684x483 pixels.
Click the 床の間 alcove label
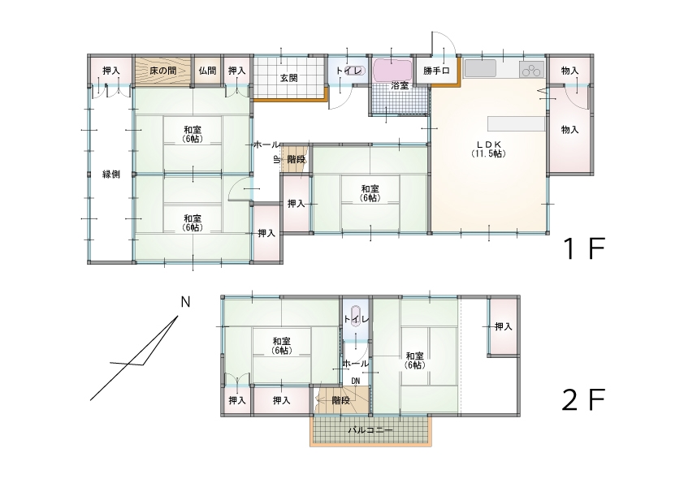[x=162, y=71]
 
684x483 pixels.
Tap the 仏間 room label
[x=206, y=71]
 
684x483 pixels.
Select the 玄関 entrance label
[x=289, y=78]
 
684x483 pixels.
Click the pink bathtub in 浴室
[x=393, y=69]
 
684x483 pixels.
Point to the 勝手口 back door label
[x=436, y=71]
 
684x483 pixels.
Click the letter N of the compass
[x=185, y=303]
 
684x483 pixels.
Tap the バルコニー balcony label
[x=370, y=430]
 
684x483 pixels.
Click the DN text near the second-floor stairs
[x=356, y=381]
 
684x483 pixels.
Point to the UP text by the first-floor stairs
[x=276, y=160]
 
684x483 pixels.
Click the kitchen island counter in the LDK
[x=514, y=123]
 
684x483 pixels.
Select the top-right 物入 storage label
[x=569, y=71]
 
